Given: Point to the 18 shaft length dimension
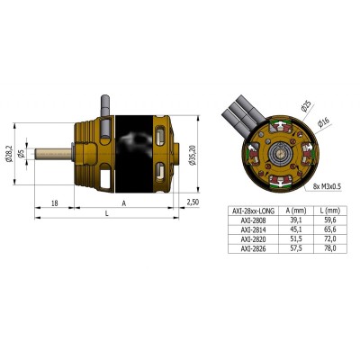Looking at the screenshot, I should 56,205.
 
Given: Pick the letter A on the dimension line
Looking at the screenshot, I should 123,205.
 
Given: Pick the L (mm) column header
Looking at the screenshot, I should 328,209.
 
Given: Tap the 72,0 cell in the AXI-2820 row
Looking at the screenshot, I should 328,238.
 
